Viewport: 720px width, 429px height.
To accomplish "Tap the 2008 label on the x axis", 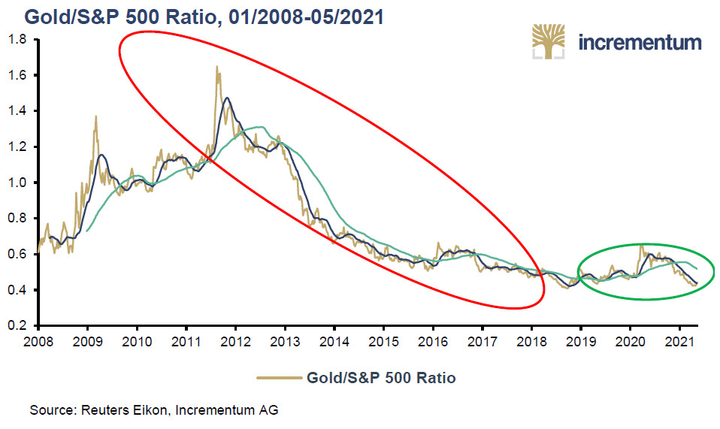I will [x=38, y=343].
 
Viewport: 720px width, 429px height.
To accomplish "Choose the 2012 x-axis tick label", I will [x=235, y=343].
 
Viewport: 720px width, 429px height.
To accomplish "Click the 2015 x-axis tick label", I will [x=383, y=343].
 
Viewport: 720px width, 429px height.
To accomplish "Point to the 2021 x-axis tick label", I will [x=679, y=343].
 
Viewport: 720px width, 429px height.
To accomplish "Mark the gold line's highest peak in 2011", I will [x=217, y=66].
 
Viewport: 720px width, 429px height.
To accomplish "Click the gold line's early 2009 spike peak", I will [x=96, y=116].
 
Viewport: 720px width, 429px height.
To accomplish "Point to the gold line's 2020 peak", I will [x=641, y=244].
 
